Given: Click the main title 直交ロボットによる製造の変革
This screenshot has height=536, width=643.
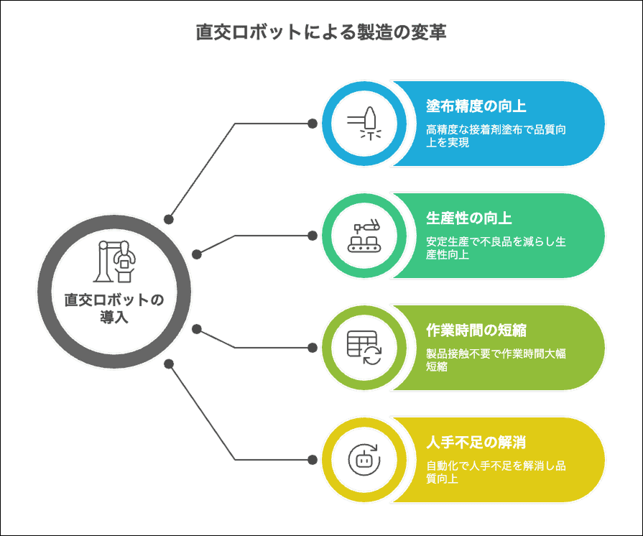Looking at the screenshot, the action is (x=321, y=32).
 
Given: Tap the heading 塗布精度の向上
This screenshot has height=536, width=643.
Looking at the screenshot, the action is (x=476, y=106).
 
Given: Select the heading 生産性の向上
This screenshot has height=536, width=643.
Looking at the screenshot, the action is (x=468, y=218).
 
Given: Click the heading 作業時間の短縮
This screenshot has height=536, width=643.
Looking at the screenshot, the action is (x=476, y=330).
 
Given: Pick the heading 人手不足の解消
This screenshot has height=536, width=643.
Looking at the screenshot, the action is (x=476, y=443).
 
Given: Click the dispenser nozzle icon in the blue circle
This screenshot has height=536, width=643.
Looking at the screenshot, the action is (x=364, y=124).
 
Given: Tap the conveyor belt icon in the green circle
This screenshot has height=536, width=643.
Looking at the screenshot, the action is (x=364, y=236).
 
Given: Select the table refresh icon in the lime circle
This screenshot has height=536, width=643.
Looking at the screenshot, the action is (x=364, y=348).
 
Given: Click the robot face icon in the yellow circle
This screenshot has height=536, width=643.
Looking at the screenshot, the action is (x=364, y=460).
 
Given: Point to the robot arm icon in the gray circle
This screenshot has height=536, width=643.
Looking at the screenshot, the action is (x=114, y=262).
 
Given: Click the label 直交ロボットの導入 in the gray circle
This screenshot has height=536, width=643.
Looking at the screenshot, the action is (x=114, y=308).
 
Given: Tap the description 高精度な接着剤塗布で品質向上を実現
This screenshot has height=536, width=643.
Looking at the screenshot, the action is (x=496, y=136).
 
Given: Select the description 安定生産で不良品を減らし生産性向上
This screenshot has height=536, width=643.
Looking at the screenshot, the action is (x=496, y=248).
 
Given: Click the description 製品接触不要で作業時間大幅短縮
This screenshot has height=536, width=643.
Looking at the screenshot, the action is (x=496, y=360).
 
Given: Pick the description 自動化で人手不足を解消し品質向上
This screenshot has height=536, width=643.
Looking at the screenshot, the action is (x=496, y=472).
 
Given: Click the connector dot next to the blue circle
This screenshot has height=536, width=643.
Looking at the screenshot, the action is (x=313, y=124).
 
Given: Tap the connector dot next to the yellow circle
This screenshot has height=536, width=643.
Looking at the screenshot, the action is (x=313, y=460).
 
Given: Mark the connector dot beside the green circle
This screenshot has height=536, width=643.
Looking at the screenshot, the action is (x=313, y=236).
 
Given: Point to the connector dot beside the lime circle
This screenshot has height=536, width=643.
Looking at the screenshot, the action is (x=313, y=348).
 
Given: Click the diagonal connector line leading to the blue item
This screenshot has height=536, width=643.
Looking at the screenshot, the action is (x=202, y=172).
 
